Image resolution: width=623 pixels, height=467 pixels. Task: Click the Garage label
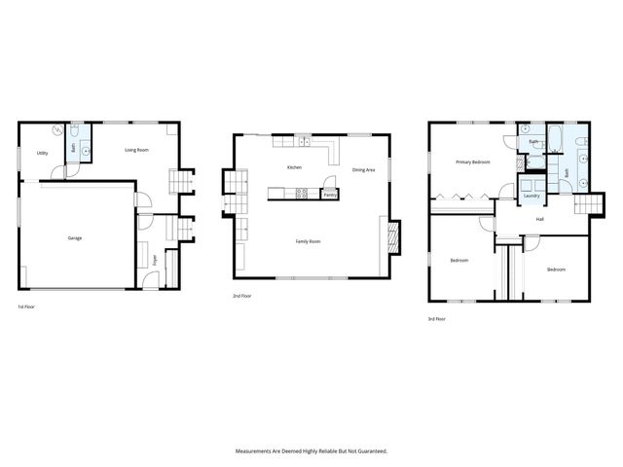tap(74, 238)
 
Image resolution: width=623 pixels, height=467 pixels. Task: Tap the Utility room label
tap(43, 154)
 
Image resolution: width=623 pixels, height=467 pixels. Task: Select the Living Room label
tap(136, 150)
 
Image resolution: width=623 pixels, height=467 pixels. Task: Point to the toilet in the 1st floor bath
tap(73, 131)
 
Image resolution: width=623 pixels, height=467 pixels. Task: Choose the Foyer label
tap(155, 259)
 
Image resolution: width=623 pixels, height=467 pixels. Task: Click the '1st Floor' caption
tap(26, 307)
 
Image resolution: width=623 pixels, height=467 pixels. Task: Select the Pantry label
tap(330, 194)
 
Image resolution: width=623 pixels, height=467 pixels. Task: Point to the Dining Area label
tap(364, 170)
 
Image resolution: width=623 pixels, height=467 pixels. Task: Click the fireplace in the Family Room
tap(393, 235)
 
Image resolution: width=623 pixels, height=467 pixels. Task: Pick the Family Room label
tap(309, 240)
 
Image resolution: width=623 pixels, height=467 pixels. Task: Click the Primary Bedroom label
tap(473, 162)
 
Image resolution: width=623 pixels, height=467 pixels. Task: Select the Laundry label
tap(531, 196)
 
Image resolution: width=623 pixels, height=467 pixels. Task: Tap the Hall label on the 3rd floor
tap(539, 220)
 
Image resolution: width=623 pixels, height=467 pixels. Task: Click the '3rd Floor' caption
tap(437, 319)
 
